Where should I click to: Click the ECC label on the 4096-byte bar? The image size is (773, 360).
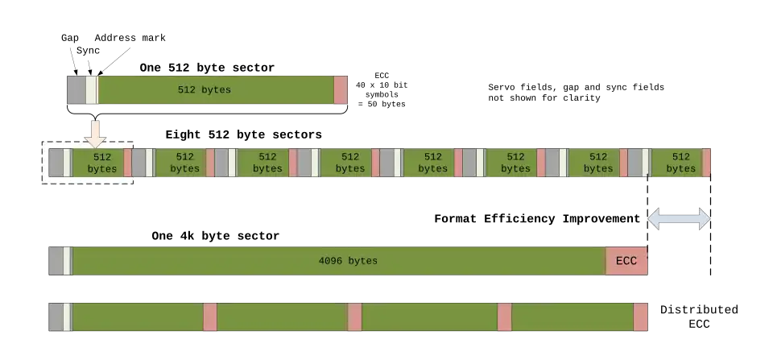coord(626,261)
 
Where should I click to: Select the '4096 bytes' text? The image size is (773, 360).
coord(348,261)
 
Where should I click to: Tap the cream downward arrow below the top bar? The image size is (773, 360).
coord(96,132)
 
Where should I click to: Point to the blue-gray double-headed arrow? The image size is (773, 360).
coord(679,218)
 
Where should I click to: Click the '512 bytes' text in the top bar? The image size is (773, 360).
coord(205,90)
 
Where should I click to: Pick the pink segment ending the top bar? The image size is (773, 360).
coord(341,90)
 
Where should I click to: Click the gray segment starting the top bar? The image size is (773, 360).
coord(76,90)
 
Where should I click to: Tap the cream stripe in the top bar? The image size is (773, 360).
coord(91,90)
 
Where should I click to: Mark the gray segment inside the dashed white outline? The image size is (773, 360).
coord(56,163)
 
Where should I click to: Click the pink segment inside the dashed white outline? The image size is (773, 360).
coord(127,163)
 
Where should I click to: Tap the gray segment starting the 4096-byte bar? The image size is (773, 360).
coord(56,261)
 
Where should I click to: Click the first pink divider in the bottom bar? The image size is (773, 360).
coord(210,317)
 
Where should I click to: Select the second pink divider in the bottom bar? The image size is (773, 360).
coord(354,317)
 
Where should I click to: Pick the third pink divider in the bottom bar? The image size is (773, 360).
coord(504,317)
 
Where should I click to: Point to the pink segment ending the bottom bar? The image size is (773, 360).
coord(641,317)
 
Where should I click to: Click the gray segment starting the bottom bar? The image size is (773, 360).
coord(56,317)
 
